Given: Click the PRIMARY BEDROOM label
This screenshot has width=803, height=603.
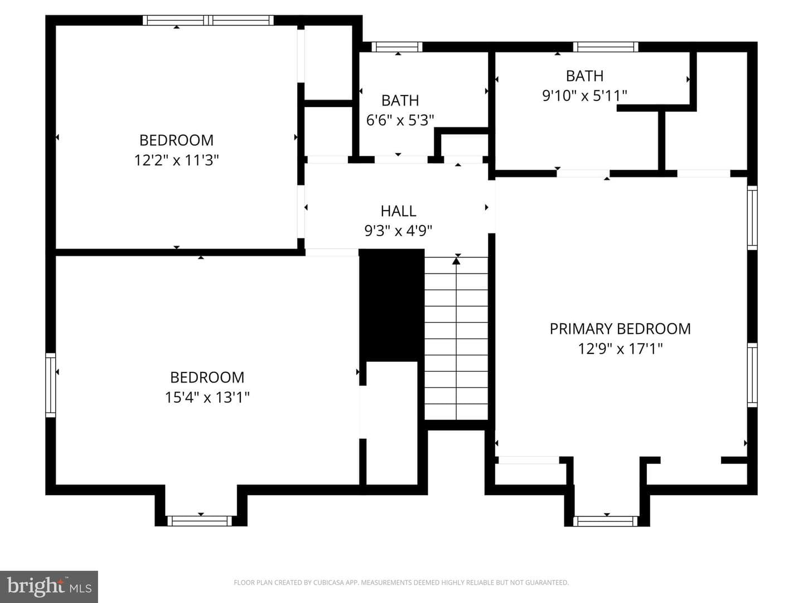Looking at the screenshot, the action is tap(620, 329).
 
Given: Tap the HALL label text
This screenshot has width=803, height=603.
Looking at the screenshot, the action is tap(398, 211).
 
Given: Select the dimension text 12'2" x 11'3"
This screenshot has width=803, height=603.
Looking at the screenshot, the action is tap(176, 160).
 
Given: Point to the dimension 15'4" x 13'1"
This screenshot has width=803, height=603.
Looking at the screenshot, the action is tap(207, 397).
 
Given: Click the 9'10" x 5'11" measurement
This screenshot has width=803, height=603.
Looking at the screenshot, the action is tap(584, 95).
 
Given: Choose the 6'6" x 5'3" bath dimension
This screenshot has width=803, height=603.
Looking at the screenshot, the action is tap(400, 120).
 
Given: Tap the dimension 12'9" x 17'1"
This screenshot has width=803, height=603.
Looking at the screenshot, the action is tap(620, 348).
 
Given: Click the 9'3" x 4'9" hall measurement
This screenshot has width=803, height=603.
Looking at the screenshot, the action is tap(398, 231).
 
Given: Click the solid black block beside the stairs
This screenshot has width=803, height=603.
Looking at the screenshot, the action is tap(391, 305).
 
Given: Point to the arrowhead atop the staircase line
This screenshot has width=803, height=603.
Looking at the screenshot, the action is tap(456, 261).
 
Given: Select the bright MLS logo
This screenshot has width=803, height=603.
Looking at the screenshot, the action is tap(49, 586).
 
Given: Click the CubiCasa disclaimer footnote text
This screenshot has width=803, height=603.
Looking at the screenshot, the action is tap(401, 582).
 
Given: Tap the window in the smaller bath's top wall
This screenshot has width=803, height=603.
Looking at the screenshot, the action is tap(397, 47).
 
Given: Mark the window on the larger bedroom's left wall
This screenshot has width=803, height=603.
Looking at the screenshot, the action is tap(51, 385).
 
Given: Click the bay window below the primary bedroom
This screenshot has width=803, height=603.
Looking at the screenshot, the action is tap(606, 521).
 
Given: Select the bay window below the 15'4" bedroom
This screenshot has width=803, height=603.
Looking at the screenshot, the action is tap(200, 521).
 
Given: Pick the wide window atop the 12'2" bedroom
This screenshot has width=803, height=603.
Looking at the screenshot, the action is tap(208, 21).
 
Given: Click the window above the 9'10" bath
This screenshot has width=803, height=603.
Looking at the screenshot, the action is tap(606, 47).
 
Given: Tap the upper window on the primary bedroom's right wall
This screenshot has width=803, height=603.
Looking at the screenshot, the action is tap(752, 218).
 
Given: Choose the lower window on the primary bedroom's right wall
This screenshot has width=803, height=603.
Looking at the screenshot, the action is tap(752, 375).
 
